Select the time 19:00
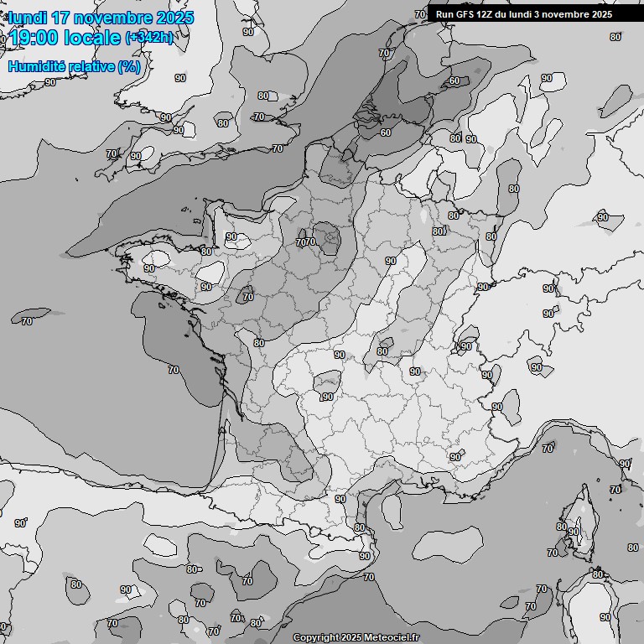35,38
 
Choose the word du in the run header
506,14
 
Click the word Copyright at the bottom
315,637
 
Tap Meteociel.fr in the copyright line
392,637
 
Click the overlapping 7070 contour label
305,242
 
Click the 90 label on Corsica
574,532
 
